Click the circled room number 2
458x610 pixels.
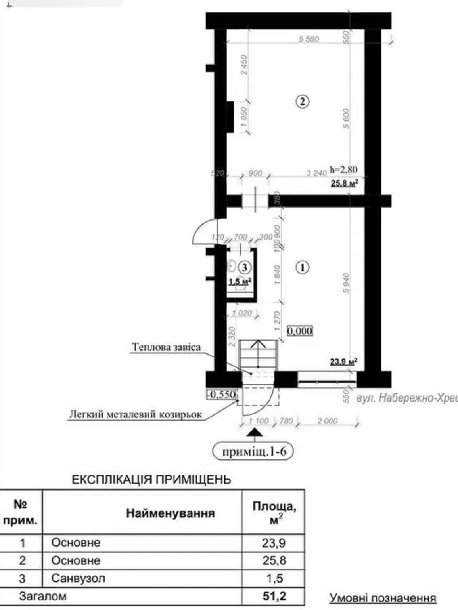[302, 102]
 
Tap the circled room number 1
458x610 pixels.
[302, 268]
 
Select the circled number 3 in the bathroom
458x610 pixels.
[245, 267]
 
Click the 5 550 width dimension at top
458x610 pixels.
[309, 39]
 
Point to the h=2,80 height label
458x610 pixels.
[343, 170]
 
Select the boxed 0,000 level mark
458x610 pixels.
[300, 331]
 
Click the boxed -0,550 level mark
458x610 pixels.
[222, 395]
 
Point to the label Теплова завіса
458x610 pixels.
[166, 347]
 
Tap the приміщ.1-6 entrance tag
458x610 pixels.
[254, 452]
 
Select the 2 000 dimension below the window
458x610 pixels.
[327, 421]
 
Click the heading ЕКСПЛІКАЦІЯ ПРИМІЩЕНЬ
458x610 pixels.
[151, 480]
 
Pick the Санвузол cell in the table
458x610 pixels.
[78, 579]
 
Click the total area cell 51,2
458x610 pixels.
[273, 596]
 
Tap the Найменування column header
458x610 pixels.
[170, 513]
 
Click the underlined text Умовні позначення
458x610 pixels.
[383, 598]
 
